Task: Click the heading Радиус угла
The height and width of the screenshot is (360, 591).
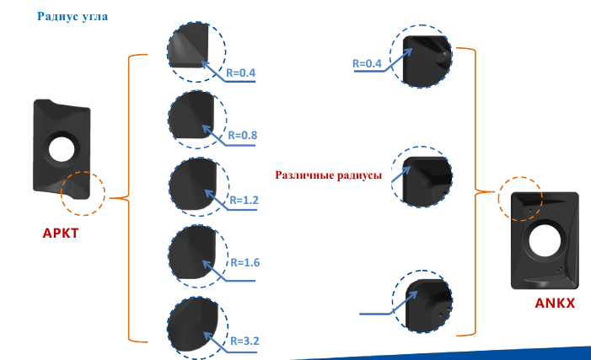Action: click(x=73, y=17)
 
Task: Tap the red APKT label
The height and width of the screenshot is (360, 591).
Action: click(x=61, y=233)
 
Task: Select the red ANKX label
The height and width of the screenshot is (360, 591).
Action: click(x=555, y=303)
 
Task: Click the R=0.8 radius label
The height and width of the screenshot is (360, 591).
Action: click(x=243, y=135)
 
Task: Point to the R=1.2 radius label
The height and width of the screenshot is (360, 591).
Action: click(x=244, y=200)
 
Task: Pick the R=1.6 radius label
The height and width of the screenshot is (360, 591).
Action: click(x=245, y=262)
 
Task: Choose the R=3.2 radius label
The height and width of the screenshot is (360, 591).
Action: click(x=245, y=341)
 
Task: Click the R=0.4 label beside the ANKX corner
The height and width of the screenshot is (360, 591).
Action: click(x=367, y=63)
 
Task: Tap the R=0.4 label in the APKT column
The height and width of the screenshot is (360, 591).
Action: click(x=240, y=73)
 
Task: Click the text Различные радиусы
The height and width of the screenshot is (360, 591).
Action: click(x=328, y=175)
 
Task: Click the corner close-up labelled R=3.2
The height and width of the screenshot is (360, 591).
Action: click(x=197, y=327)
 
